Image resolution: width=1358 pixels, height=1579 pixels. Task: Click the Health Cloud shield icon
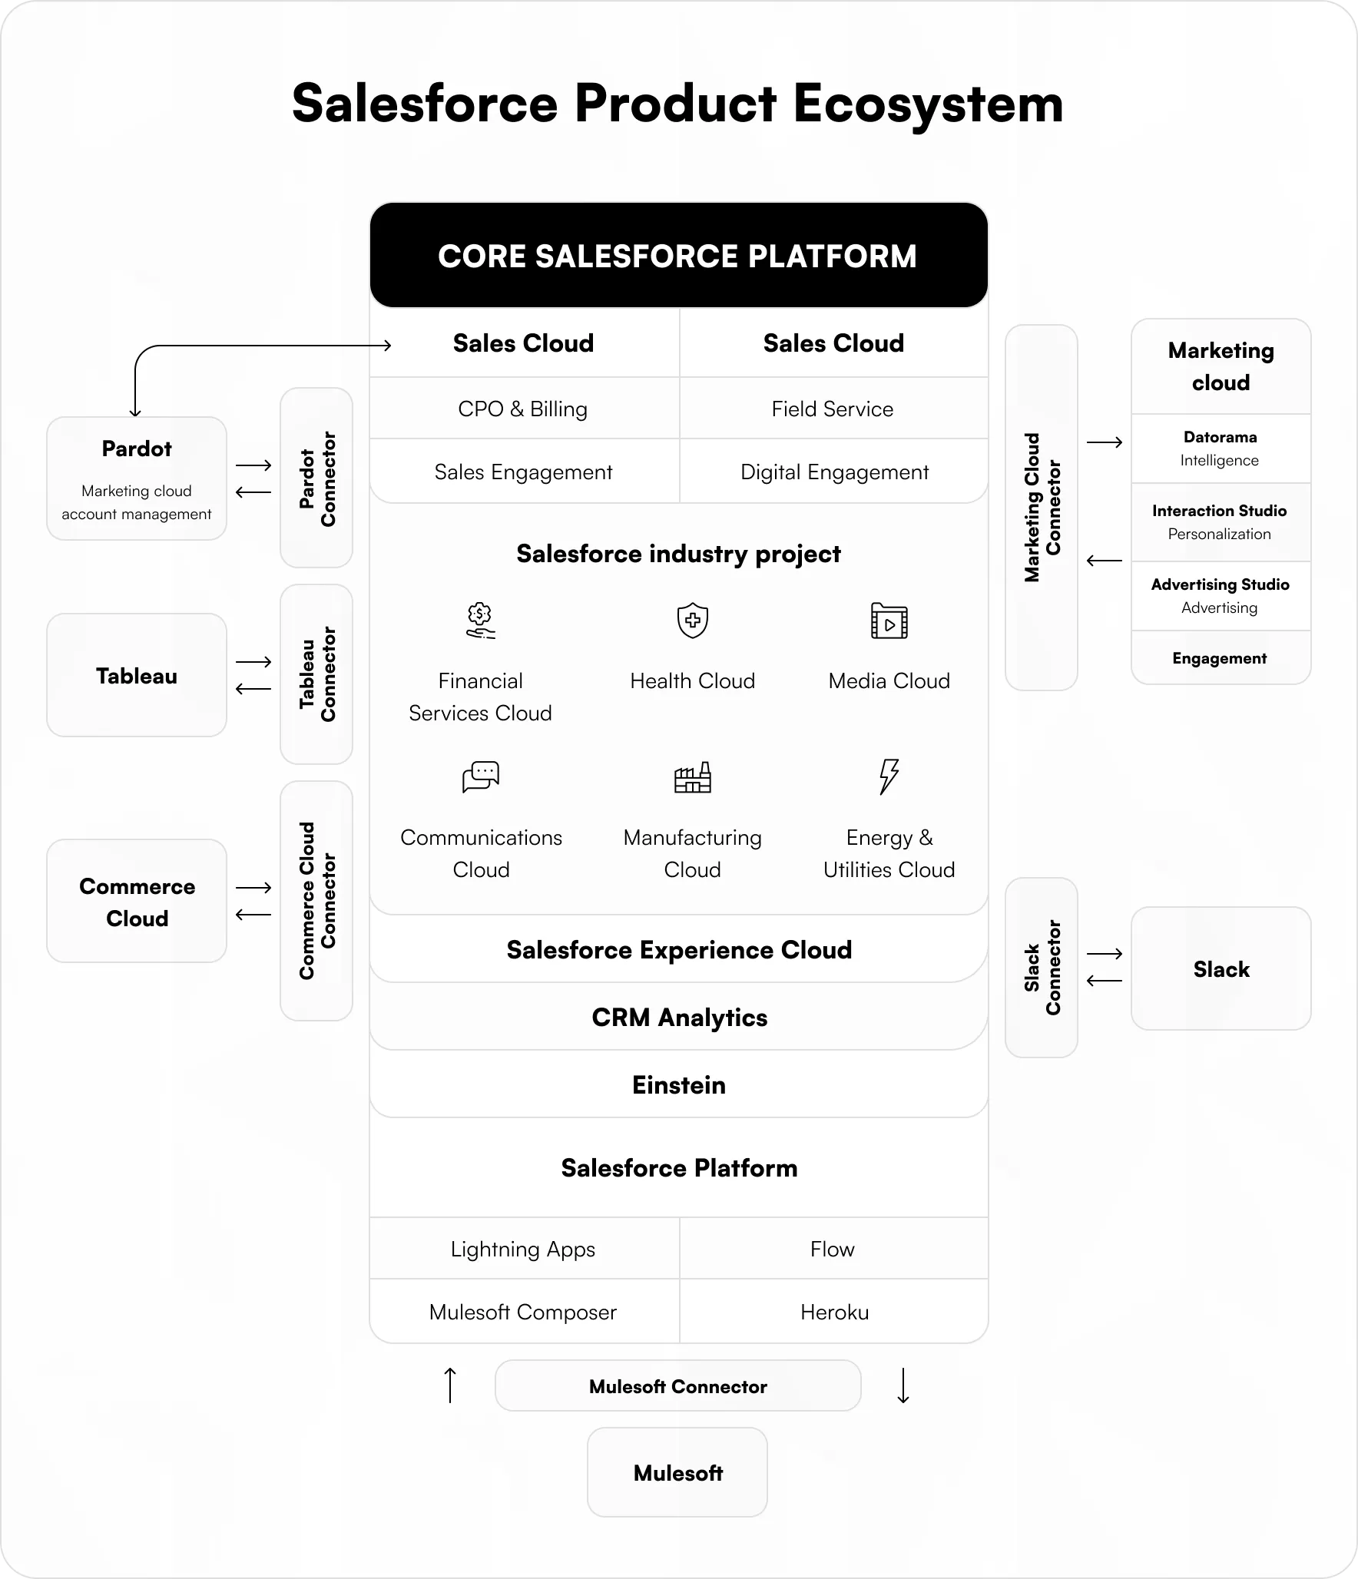692,621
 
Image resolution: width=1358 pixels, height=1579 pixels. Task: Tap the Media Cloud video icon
889,621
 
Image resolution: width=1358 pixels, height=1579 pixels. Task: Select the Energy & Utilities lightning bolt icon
889,776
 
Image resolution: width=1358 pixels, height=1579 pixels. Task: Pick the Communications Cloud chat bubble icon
481,776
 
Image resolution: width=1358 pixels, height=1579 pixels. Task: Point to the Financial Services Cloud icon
480,621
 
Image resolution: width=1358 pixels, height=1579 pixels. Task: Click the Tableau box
137,675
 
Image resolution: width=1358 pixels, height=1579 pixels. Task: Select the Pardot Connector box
316,478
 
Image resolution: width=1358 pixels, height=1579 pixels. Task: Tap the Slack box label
1221,969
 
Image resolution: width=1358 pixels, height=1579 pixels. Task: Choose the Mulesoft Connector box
677,1386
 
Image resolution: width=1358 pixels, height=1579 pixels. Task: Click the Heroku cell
834,1312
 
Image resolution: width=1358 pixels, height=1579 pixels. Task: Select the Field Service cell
833,409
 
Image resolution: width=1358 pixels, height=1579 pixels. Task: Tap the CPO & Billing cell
522,409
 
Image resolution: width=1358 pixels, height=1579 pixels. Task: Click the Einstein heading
678,1085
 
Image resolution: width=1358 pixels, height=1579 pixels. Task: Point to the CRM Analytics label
679,1018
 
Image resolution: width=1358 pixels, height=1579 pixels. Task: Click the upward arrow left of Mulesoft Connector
451,1385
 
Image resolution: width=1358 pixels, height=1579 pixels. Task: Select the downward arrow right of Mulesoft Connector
903,1385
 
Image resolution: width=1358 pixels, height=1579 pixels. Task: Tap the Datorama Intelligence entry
1220,449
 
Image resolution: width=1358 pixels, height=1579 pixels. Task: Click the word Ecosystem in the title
928,104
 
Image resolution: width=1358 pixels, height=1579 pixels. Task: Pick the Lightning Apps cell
522,1249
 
